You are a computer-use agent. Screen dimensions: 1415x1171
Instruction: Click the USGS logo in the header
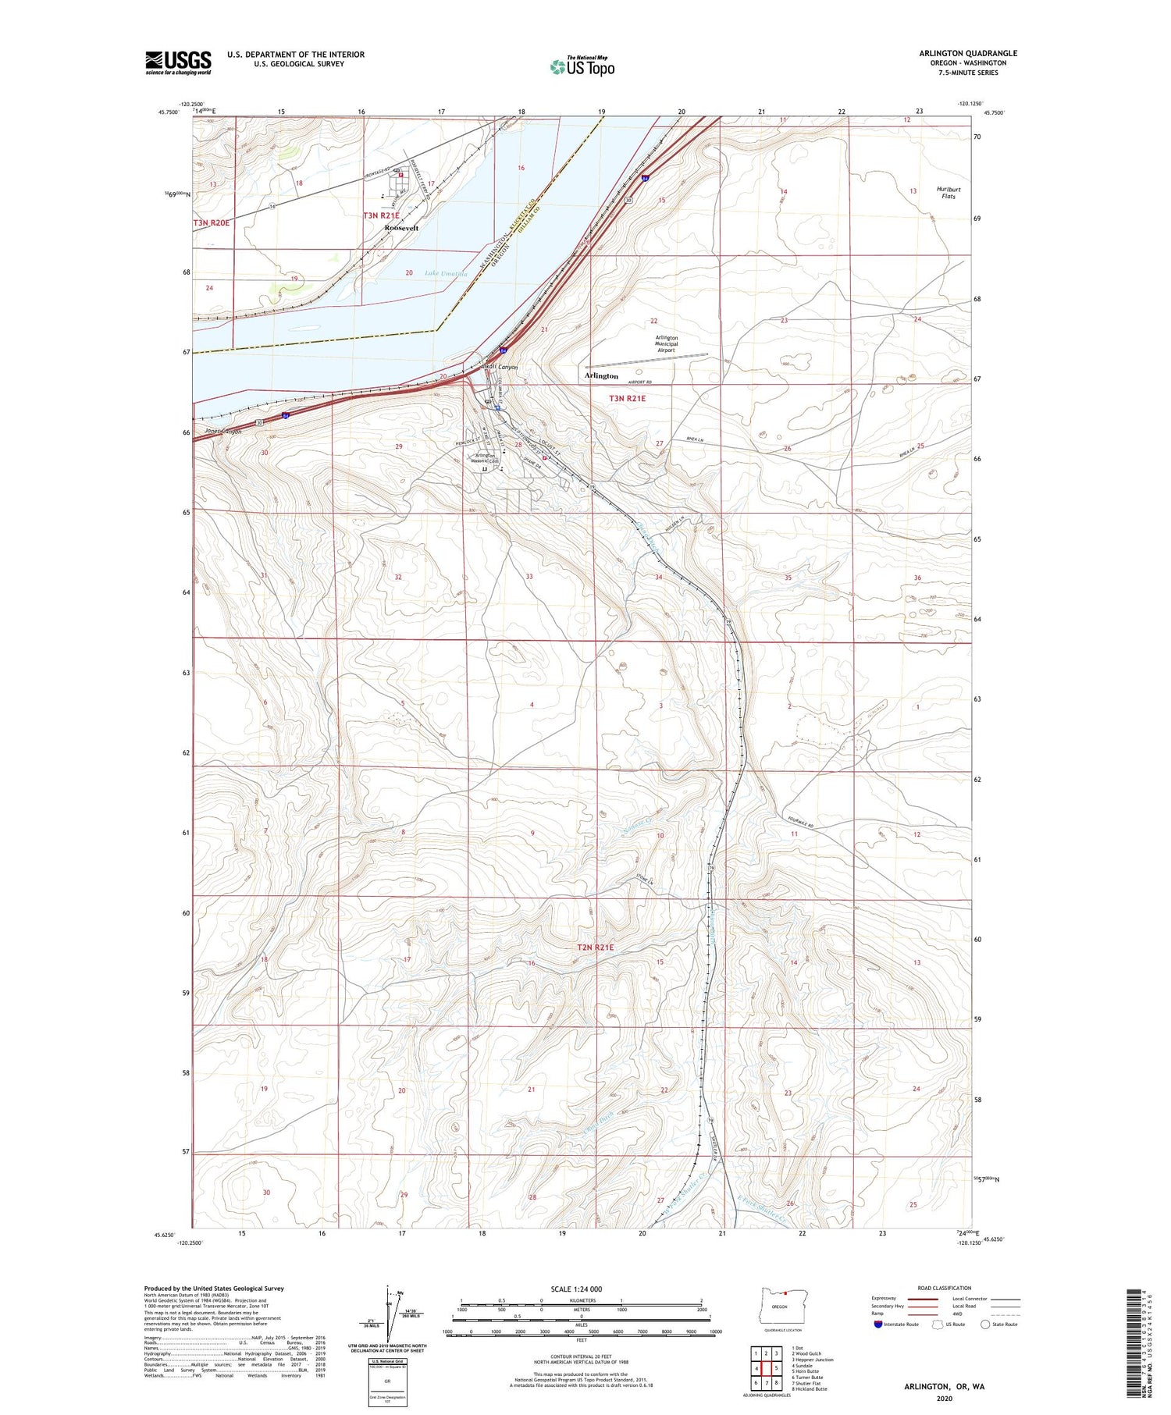178,62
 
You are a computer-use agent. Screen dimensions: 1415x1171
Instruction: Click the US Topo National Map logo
582,66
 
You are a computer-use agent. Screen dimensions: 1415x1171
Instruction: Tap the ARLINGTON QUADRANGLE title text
967,54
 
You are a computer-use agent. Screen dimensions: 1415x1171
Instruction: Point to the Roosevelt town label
401,229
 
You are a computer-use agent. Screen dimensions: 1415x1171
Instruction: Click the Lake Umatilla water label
446,274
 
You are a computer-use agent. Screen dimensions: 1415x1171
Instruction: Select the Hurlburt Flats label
949,193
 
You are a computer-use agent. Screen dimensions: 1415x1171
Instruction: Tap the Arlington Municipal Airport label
666,344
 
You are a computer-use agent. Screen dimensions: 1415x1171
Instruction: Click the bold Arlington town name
601,376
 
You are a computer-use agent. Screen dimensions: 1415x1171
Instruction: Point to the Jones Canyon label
223,432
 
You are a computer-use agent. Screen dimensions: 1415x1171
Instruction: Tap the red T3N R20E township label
212,223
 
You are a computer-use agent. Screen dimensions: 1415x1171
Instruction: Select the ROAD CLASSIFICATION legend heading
945,1289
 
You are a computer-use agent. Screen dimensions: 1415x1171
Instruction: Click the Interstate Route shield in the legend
877,1324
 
